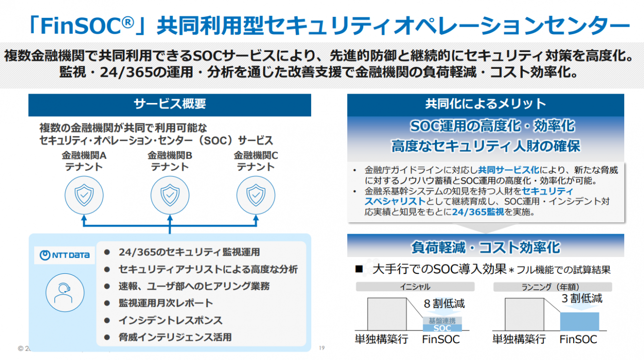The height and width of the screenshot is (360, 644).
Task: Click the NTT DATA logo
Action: click(x=65, y=256)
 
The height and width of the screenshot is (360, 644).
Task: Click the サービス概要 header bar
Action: click(x=169, y=104)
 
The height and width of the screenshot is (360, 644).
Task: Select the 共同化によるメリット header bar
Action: click(x=485, y=104)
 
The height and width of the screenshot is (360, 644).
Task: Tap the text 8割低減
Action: click(x=444, y=303)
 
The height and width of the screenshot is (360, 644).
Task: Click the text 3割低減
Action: click(x=582, y=298)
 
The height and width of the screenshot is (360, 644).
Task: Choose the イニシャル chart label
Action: click(x=415, y=287)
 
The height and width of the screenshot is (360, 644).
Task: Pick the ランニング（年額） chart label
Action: click(x=552, y=287)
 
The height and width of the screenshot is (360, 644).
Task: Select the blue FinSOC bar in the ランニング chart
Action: click(x=579, y=321)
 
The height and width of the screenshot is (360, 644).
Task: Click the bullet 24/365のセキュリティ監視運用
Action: click(x=189, y=252)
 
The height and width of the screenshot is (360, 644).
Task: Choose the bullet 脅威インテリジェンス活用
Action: click(x=175, y=337)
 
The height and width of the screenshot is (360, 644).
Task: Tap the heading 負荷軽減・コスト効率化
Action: click(x=485, y=247)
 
